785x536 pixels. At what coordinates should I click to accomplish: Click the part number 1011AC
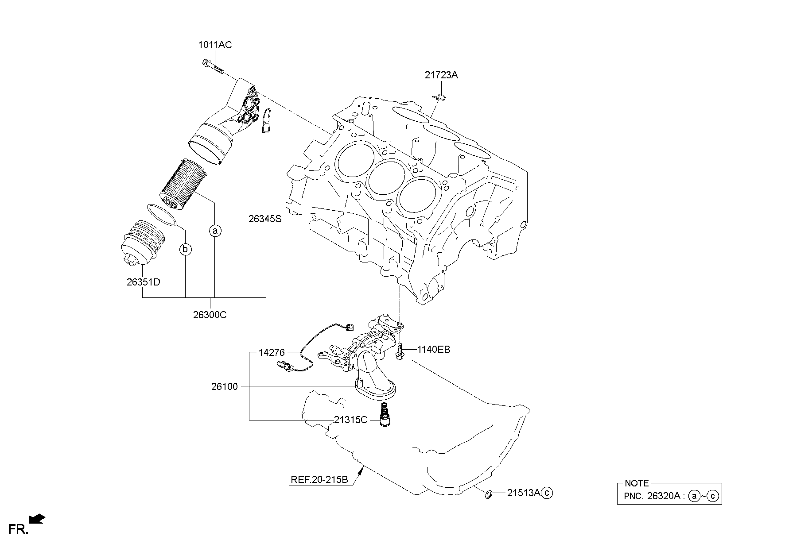(214, 45)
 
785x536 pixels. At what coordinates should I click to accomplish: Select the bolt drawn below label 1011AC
(213, 67)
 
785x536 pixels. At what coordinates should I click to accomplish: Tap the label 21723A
(441, 75)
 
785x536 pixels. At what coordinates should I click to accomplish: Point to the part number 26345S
(264, 218)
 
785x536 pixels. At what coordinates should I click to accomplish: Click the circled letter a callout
(215, 231)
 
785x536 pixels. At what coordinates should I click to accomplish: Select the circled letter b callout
(186, 250)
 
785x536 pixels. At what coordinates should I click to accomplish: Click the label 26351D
(143, 282)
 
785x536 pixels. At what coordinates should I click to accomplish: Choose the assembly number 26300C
(210, 315)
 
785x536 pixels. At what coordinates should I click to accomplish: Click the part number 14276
(272, 352)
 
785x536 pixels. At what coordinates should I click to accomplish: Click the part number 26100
(224, 386)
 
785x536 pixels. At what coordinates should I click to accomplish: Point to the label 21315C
(350, 420)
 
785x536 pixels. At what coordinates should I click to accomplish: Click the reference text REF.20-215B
(319, 480)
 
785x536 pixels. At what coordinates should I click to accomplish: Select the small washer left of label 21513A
(489, 494)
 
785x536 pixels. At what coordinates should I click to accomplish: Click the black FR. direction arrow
(36, 518)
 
